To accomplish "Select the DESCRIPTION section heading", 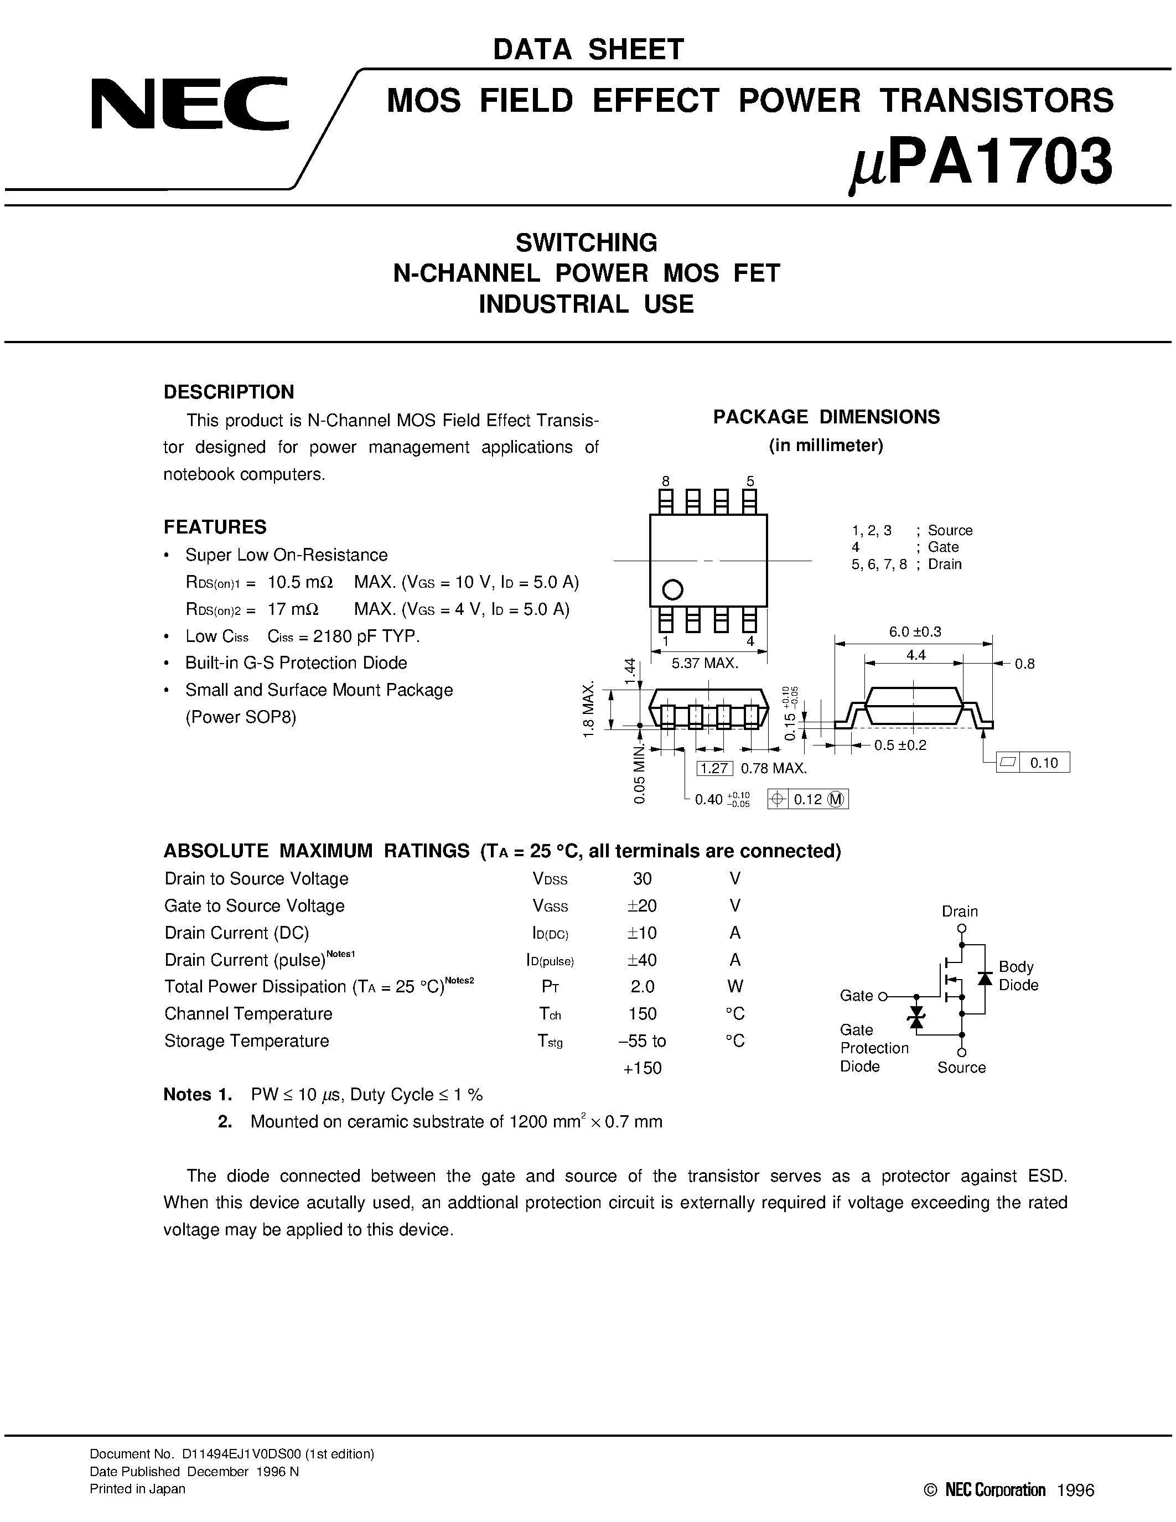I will coord(229,392).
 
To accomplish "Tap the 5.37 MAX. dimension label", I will coord(704,664).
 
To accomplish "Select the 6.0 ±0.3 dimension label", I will coord(915,631).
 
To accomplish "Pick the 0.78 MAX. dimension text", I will coord(773,769).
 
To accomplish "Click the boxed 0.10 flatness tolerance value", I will coord(1044,763).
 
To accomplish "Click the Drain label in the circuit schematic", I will coord(959,911).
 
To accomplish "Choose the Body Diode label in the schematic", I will coord(1018,976).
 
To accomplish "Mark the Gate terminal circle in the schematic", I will coord(883,997).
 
